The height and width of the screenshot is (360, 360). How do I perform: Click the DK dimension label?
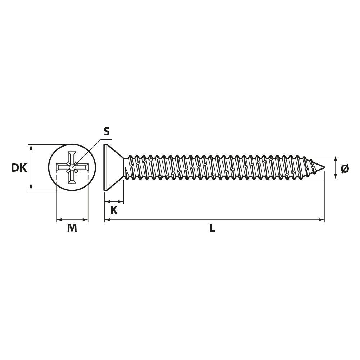[x=19, y=168]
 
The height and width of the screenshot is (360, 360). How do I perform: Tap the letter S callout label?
[x=107, y=131]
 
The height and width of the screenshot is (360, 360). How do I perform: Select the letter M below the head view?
[x=72, y=228]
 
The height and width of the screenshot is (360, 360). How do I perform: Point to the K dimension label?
[x=114, y=210]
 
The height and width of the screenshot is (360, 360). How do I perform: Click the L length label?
[x=212, y=228]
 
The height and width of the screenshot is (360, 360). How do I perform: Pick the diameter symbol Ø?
[x=345, y=169]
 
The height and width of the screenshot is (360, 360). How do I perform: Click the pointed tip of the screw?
[x=325, y=167]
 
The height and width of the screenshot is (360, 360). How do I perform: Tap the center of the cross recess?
[x=72, y=167]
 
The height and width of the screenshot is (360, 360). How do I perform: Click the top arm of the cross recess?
[x=72, y=157]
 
